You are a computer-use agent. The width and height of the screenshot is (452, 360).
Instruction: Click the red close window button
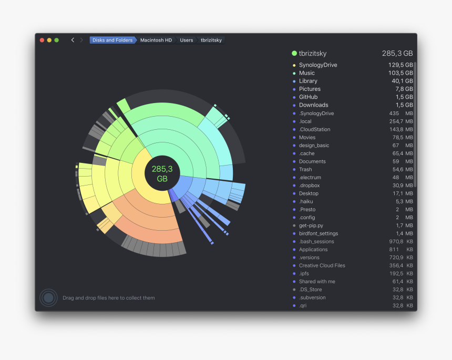pyautogui.click(x=42, y=40)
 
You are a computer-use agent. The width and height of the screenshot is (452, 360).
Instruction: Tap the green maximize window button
pyautogui.click(x=56, y=40)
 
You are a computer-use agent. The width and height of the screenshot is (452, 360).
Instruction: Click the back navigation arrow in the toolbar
pyautogui.click(x=73, y=40)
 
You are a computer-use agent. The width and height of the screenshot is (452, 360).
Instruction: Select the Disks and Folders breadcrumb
pyautogui.click(x=112, y=40)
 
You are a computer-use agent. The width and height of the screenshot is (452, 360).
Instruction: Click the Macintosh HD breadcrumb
pyautogui.click(x=156, y=40)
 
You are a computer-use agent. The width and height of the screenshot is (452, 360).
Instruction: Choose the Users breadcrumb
pyautogui.click(x=186, y=40)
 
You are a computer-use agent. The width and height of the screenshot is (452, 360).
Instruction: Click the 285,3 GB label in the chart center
pyautogui.click(x=162, y=173)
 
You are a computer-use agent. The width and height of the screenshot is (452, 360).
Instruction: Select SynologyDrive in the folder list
pyautogui.click(x=318, y=65)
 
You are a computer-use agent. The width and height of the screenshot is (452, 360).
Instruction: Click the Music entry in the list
pyautogui.click(x=307, y=73)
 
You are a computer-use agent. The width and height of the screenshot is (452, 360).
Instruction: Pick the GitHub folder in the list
pyautogui.click(x=308, y=97)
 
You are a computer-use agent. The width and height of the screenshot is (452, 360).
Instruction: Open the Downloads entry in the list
pyautogui.click(x=313, y=105)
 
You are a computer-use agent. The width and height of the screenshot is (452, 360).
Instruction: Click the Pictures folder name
pyautogui.click(x=310, y=89)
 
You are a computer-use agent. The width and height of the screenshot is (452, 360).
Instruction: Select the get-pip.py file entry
pyautogui.click(x=311, y=225)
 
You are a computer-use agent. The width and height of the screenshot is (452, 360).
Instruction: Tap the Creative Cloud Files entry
pyautogui.click(x=322, y=265)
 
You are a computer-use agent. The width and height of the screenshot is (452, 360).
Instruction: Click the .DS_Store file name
pyautogui.click(x=310, y=290)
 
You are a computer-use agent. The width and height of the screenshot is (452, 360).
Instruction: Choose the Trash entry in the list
pyautogui.click(x=305, y=169)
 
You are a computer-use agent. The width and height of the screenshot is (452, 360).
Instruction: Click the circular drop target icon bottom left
pyautogui.click(x=48, y=298)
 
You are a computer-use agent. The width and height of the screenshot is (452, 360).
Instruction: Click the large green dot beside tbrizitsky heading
pyautogui.click(x=294, y=53)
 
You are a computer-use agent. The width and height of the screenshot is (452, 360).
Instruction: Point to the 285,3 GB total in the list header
pyautogui.click(x=397, y=54)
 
